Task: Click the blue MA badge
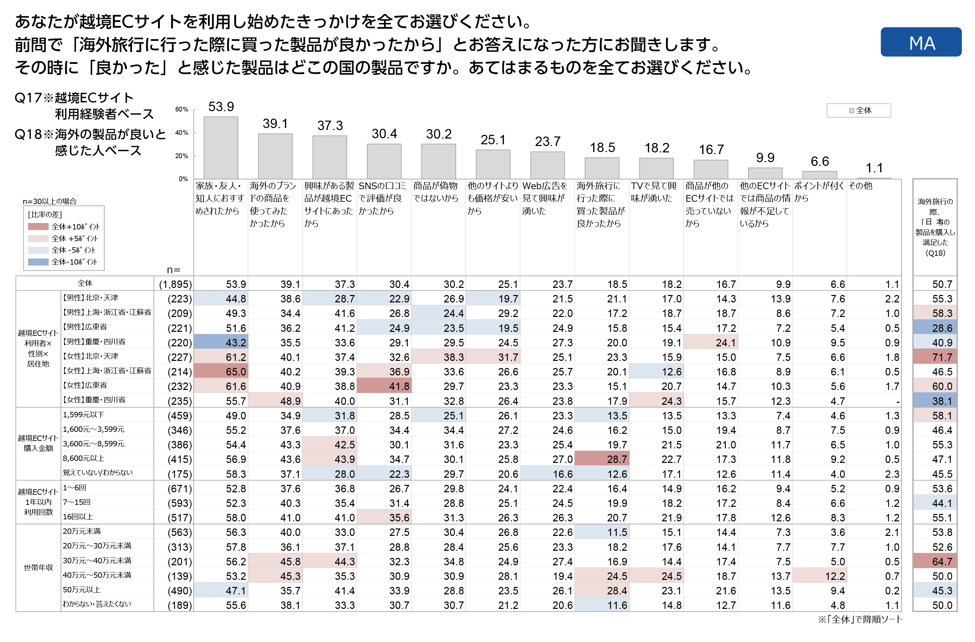click(x=921, y=42)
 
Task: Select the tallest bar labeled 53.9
click(x=221, y=148)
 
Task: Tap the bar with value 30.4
click(x=384, y=161)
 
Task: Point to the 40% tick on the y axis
click(x=182, y=133)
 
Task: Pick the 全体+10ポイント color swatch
click(x=38, y=227)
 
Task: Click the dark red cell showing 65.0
click(x=221, y=372)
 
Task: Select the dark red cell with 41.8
click(x=384, y=386)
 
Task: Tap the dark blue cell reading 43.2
click(x=221, y=343)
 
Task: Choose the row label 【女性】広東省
click(x=85, y=385)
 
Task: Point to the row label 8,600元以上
click(x=84, y=458)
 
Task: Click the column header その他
click(x=860, y=186)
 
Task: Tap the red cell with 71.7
click(x=935, y=357)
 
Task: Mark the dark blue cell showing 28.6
click(x=935, y=328)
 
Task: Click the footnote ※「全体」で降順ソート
click(x=860, y=619)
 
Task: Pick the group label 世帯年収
click(x=38, y=568)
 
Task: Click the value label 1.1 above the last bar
click(x=874, y=168)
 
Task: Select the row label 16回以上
click(x=78, y=517)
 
